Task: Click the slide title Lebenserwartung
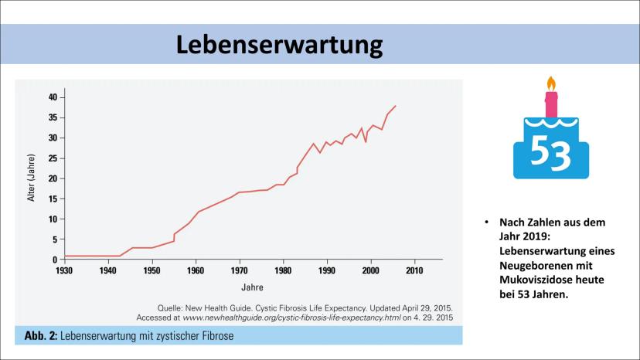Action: (279, 44)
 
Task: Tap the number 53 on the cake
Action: (551, 155)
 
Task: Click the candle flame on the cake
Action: (551, 83)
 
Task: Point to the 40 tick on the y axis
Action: (53, 97)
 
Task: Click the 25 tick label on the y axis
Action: (53, 158)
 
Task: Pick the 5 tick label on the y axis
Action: (55, 239)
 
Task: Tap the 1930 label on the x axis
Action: (64, 272)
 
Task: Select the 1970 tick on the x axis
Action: (240, 272)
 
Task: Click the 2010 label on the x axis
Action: (414, 272)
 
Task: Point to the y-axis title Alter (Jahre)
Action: (32, 178)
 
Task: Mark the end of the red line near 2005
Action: (396, 106)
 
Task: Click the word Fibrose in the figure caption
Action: (215, 335)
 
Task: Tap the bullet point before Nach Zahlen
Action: (488, 222)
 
